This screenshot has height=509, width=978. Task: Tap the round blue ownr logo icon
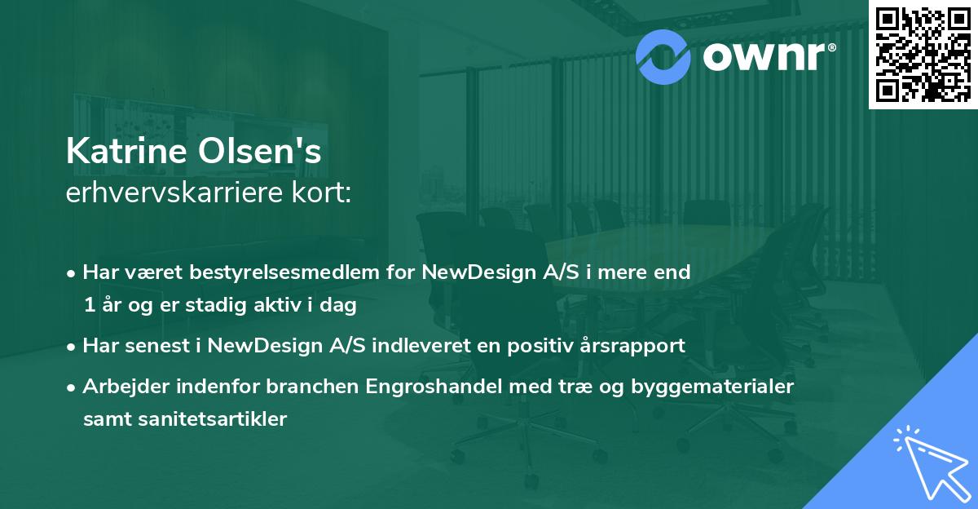coord(662,56)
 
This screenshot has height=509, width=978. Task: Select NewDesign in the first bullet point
coord(474,272)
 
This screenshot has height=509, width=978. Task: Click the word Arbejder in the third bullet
coord(124,386)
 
